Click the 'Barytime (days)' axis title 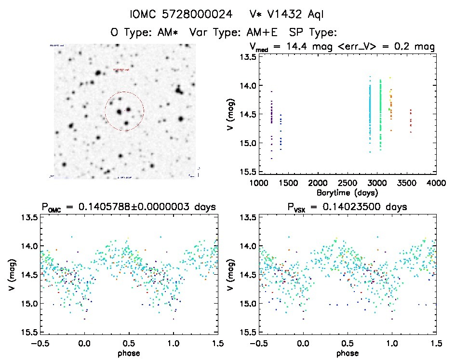[x=347, y=192]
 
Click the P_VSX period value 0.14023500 [x=360, y=207]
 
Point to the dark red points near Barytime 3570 [x=411, y=120]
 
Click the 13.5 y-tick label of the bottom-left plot [x=30, y=218]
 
